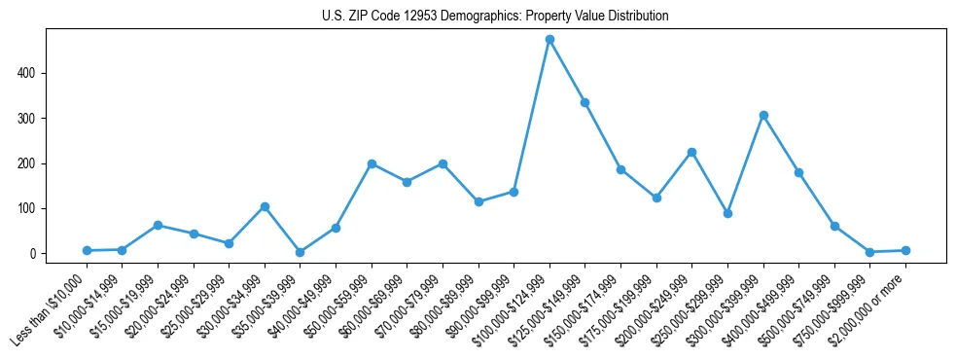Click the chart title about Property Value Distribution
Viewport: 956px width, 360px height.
point(495,17)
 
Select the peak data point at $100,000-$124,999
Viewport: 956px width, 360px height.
point(549,40)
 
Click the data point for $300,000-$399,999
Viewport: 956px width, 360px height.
point(763,115)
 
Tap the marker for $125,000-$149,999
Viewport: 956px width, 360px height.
point(585,103)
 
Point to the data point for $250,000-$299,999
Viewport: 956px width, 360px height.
point(727,213)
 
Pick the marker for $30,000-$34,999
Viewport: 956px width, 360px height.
point(265,206)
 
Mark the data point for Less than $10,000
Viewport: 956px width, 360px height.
point(87,251)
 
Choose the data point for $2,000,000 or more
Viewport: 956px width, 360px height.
point(905,250)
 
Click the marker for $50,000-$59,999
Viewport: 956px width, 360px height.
point(372,163)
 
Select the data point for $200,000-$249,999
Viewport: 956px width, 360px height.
point(691,152)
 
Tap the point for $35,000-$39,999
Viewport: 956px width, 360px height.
point(300,252)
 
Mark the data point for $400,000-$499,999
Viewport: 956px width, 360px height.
point(798,172)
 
